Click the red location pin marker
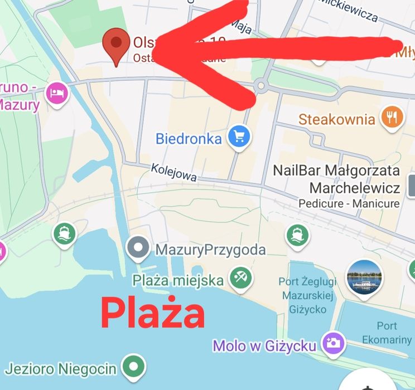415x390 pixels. [116, 45]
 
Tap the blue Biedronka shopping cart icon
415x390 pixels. [240, 136]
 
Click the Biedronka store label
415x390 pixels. [189, 139]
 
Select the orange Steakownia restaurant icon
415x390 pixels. [392, 117]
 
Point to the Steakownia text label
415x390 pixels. [337, 119]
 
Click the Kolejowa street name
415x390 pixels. [173, 173]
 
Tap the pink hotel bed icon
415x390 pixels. [56, 92]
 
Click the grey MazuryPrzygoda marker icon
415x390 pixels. [137, 247]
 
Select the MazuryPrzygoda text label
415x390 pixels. [210, 250]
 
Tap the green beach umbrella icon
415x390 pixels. [241, 276]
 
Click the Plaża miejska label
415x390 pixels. [178, 280]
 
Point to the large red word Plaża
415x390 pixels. [152, 313]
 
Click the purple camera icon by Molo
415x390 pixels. [334, 343]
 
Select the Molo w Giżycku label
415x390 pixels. [264, 346]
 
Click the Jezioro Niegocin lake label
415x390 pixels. [60, 368]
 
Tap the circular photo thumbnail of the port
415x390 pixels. [364, 276]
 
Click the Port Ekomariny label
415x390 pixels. [387, 333]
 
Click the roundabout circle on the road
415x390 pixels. [260, 85]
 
